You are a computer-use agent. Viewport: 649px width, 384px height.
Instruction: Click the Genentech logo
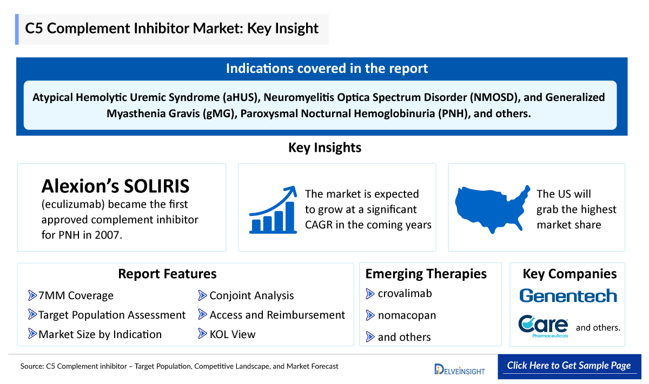(x=568, y=295)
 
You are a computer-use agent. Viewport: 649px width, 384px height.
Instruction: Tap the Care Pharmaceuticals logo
(x=543, y=326)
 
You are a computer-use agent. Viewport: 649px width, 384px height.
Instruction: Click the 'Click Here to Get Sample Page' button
(x=569, y=366)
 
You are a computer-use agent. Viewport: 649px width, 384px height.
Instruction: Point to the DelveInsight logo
(x=459, y=369)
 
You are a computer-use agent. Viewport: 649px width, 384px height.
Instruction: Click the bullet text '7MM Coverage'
(x=76, y=295)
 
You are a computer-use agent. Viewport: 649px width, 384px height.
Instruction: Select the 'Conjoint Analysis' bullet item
(x=251, y=295)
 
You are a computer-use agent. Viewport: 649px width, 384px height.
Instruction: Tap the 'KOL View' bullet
(x=232, y=334)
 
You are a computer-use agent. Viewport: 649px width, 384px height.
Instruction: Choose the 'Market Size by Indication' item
(x=100, y=334)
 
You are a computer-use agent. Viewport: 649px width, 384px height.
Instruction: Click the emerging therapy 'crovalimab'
(x=405, y=294)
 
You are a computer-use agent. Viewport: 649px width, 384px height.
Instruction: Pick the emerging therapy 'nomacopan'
(x=407, y=315)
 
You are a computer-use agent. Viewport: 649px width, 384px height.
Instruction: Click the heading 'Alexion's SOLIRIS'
(x=116, y=186)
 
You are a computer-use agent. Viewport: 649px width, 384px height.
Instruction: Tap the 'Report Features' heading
(x=167, y=274)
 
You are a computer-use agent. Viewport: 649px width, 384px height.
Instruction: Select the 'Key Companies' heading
(x=569, y=274)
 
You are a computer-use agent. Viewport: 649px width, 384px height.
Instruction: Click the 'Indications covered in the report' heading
(x=327, y=69)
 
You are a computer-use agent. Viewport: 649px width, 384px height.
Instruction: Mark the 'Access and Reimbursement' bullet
(x=277, y=315)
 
